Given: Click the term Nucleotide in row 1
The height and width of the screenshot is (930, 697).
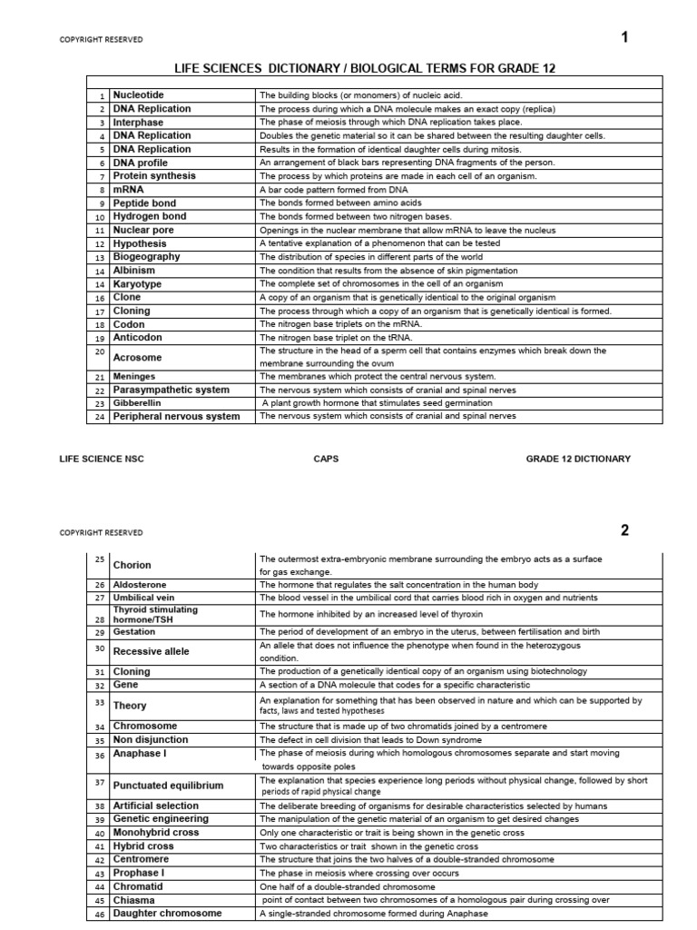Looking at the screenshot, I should point(139,94).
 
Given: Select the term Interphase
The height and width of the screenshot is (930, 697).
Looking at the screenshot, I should point(138,122).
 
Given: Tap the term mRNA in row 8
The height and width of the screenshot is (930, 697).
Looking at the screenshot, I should point(128,190).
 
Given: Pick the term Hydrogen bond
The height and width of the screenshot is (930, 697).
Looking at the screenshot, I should point(150,217).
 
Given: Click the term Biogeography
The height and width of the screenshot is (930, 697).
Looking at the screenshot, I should point(146,257).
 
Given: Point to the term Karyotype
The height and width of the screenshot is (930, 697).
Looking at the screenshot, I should point(137,284).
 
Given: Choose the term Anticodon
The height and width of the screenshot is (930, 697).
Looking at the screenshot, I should point(138,338).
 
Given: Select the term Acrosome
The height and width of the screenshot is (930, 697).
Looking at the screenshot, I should point(137,358).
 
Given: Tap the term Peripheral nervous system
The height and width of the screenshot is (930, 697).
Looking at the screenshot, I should point(176,417).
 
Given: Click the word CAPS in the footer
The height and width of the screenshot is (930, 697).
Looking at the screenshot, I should point(325,460).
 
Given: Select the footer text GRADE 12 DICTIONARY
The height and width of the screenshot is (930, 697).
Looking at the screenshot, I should point(578,460).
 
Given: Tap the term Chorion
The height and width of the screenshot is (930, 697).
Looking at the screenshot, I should point(132,565).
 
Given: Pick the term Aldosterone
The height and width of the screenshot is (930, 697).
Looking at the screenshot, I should point(140,585).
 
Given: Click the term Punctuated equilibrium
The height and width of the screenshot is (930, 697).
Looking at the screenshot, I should point(168,786).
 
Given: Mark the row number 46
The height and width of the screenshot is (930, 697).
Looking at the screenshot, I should point(99,914).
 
